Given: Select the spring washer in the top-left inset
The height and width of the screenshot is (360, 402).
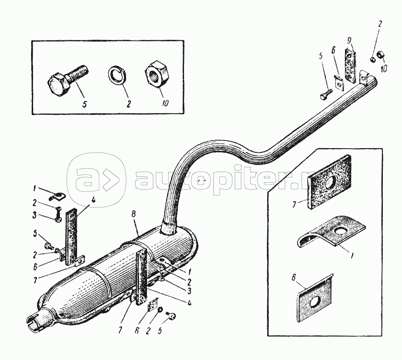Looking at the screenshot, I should [116, 76].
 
